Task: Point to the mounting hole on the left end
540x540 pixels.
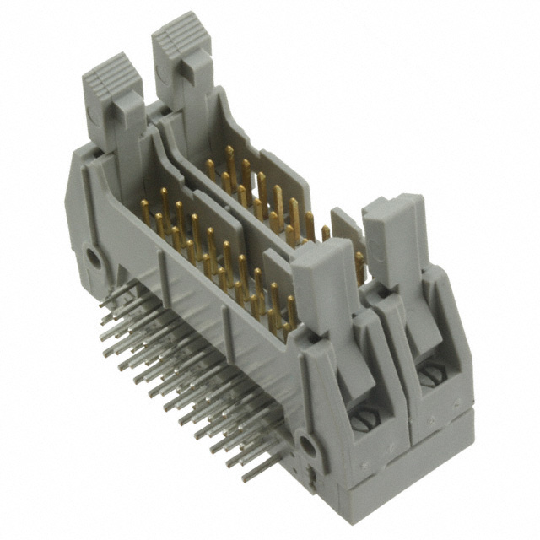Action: (x=94, y=258)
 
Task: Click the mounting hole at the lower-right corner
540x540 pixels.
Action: (x=310, y=445)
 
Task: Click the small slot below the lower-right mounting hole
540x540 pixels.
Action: (x=310, y=482)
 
